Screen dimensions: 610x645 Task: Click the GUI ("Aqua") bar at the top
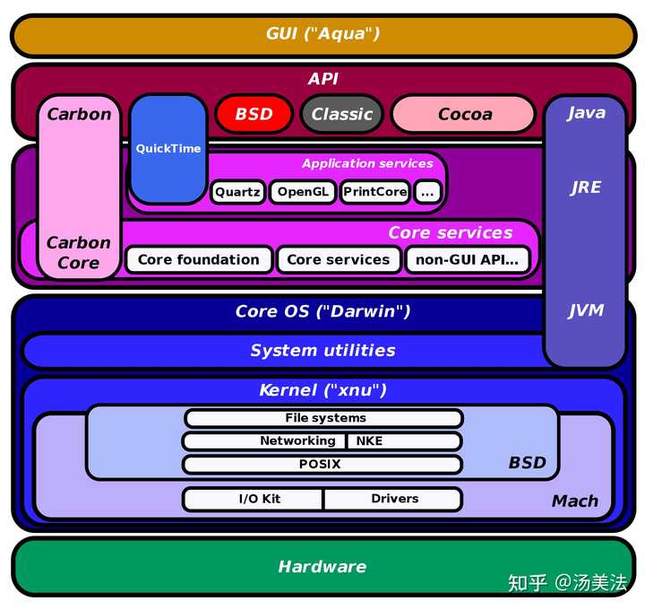(322, 34)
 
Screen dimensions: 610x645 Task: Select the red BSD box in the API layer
(254, 114)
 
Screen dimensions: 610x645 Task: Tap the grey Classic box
(341, 114)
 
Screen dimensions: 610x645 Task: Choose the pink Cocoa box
(464, 114)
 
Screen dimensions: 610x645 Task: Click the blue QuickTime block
(168, 149)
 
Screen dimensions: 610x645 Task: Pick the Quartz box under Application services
(237, 192)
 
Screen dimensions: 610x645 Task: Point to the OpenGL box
(302, 192)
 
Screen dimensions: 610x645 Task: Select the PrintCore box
(374, 192)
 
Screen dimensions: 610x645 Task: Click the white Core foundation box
(198, 260)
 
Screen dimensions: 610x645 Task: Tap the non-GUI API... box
(467, 260)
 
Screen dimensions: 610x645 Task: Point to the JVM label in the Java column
(586, 310)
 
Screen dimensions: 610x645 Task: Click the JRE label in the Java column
(586, 187)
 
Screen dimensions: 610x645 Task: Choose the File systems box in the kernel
(323, 418)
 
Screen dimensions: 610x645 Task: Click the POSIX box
(323, 465)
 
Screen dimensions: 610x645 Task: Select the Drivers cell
(394, 499)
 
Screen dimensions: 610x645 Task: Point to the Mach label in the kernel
(574, 501)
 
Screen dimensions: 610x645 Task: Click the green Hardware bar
(322, 566)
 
